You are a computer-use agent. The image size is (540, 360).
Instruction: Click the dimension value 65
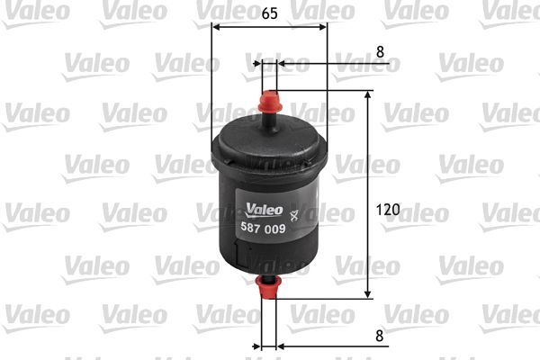[x=270, y=14]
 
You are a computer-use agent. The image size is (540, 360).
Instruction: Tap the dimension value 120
[x=388, y=210]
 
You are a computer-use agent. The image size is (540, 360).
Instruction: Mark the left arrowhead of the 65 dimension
[x=216, y=26]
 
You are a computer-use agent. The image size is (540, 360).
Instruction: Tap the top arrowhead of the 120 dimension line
[x=368, y=95]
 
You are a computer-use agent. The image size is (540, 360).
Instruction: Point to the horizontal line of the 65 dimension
[x=269, y=26]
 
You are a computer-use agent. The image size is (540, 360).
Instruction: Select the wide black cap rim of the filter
[x=269, y=154]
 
